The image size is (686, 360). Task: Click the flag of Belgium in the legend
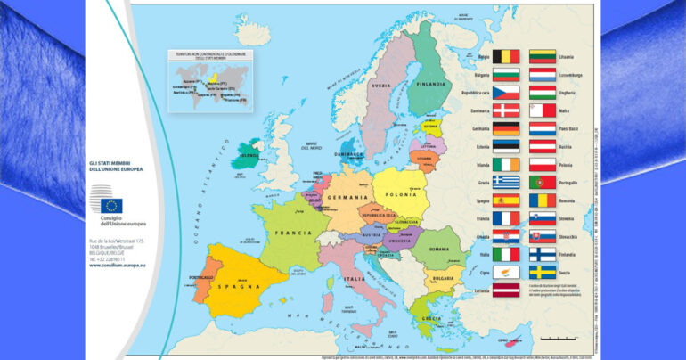tap(506, 57)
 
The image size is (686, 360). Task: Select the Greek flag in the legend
tap(506, 183)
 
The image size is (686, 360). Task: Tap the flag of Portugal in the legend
tap(543, 183)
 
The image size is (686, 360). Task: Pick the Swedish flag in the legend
tap(543, 272)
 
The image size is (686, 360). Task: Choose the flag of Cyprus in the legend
tap(506, 272)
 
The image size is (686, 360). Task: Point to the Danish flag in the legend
tap(506, 110)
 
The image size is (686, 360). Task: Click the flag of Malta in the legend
tap(543, 110)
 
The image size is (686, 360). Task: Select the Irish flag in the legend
tap(506, 165)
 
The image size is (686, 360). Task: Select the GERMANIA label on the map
tap(347, 197)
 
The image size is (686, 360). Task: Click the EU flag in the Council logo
tap(111, 204)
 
